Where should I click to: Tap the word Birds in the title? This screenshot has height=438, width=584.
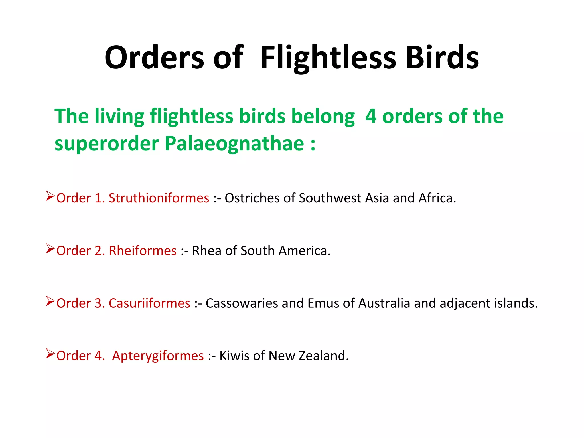pyautogui.click(x=442, y=58)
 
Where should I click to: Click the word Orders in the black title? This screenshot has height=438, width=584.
pyautogui.click(x=154, y=58)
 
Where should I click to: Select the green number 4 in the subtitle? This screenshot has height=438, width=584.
pyautogui.click(x=371, y=116)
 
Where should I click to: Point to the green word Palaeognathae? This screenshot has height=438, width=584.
pyautogui.click(x=234, y=143)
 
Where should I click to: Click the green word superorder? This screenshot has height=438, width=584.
pyautogui.click(x=107, y=144)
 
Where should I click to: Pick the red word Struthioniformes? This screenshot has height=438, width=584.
pyautogui.click(x=159, y=198)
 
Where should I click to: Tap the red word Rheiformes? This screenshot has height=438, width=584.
pyautogui.click(x=143, y=251)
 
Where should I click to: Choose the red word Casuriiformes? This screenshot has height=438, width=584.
pyautogui.click(x=149, y=303)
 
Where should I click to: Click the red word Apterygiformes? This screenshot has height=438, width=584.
pyautogui.click(x=158, y=356)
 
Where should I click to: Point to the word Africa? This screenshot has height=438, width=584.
pyautogui.click(x=437, y=198)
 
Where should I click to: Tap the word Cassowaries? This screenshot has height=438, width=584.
pyautogui.click(x=242, y=303)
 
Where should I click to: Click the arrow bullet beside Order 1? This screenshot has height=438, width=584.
pyautogui.click(x=50, y=196)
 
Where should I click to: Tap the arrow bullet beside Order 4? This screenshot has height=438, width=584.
pyautogui.click(x=50, y=354)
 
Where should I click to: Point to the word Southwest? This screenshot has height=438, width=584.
pyautogui.click(x=330, y=198)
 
